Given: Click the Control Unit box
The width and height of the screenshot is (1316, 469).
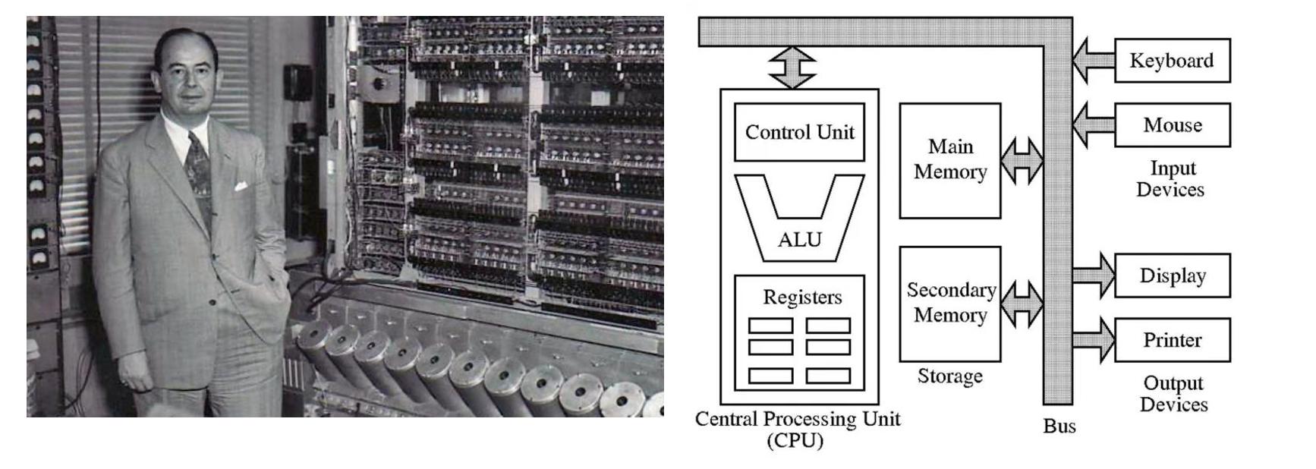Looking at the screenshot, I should pyautogui.click(x=799, y=132).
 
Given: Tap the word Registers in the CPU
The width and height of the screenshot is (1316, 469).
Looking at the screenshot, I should pyautogui.click(x=802, y=297).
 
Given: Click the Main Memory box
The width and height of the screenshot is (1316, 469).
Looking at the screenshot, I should pyautogui.click(x=949, y=159).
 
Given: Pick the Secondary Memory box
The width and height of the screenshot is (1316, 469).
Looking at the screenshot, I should pyautogui.click(x=949, y=303).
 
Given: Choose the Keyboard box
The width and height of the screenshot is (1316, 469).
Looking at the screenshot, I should pyautogui.click(x=1172, y=61).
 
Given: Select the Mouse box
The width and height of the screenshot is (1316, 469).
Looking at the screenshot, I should pyautogui.click(x=1172, y=125).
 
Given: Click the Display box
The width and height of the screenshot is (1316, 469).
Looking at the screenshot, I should pyautogui.click(x=1172, y=275).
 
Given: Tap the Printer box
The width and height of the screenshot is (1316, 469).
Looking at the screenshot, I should pyautogui.click(x=1172, y=340).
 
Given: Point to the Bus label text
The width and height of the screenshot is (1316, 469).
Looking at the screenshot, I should pyautogui.click(x=1059, y=426).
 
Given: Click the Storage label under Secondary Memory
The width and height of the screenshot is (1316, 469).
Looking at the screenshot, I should pyautogui.click(x=949, y=376).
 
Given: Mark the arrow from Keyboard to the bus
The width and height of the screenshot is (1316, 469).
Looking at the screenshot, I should pyautogui.click(x=1093, y=60).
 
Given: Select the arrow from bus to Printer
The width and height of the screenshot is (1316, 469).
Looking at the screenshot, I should pyautogui.click(x=1094, y=340).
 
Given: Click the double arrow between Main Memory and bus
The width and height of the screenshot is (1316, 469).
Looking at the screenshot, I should pyautogui.click(x=1022, y=160).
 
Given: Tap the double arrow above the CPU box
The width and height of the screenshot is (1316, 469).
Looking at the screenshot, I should pyautogui.click(x=792, y=68).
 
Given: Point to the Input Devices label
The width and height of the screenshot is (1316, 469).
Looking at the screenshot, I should pyautogui.click(x=1171, y=178).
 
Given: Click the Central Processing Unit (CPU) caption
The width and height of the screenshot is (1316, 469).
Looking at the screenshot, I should pyautogui.click(x=797, y=429).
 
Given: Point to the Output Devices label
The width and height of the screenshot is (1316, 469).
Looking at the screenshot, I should pyautogui.click(x=1173, y=393).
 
